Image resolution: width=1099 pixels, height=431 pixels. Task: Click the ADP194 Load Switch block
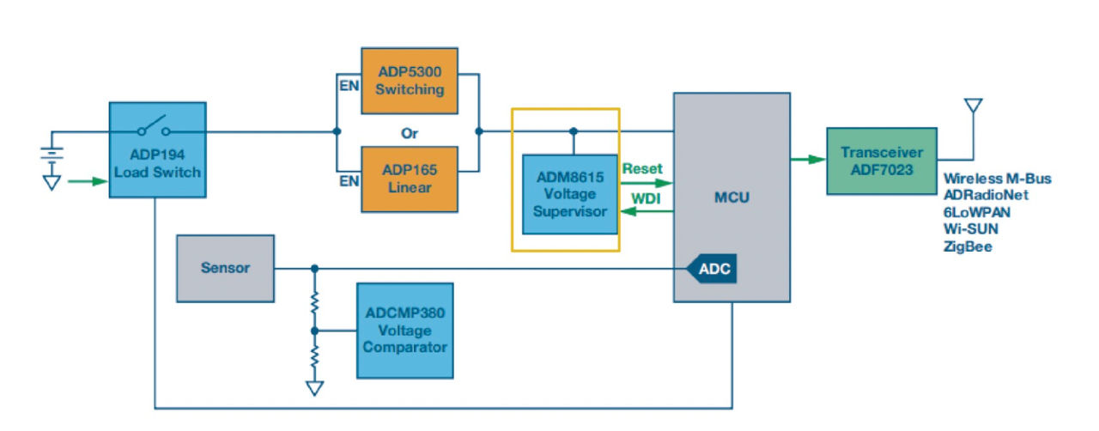157,162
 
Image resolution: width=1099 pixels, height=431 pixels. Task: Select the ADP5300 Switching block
410,80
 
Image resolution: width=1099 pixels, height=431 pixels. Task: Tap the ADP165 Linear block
410,179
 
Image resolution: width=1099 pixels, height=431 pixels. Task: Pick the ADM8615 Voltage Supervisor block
570,195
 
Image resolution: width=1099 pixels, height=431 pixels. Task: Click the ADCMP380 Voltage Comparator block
404,331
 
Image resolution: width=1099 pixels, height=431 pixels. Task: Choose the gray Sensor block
225,268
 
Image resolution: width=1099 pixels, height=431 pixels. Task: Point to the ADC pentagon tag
712,270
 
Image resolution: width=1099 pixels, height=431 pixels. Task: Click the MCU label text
732,197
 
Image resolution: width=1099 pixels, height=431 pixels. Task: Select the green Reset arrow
646,183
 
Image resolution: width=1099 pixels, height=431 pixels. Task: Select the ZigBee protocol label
968,246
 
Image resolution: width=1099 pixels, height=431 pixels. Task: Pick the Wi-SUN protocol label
971,229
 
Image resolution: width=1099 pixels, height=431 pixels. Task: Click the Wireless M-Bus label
997,179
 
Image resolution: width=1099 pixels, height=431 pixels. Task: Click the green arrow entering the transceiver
808,159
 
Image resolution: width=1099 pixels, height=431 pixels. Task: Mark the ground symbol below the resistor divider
315,388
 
